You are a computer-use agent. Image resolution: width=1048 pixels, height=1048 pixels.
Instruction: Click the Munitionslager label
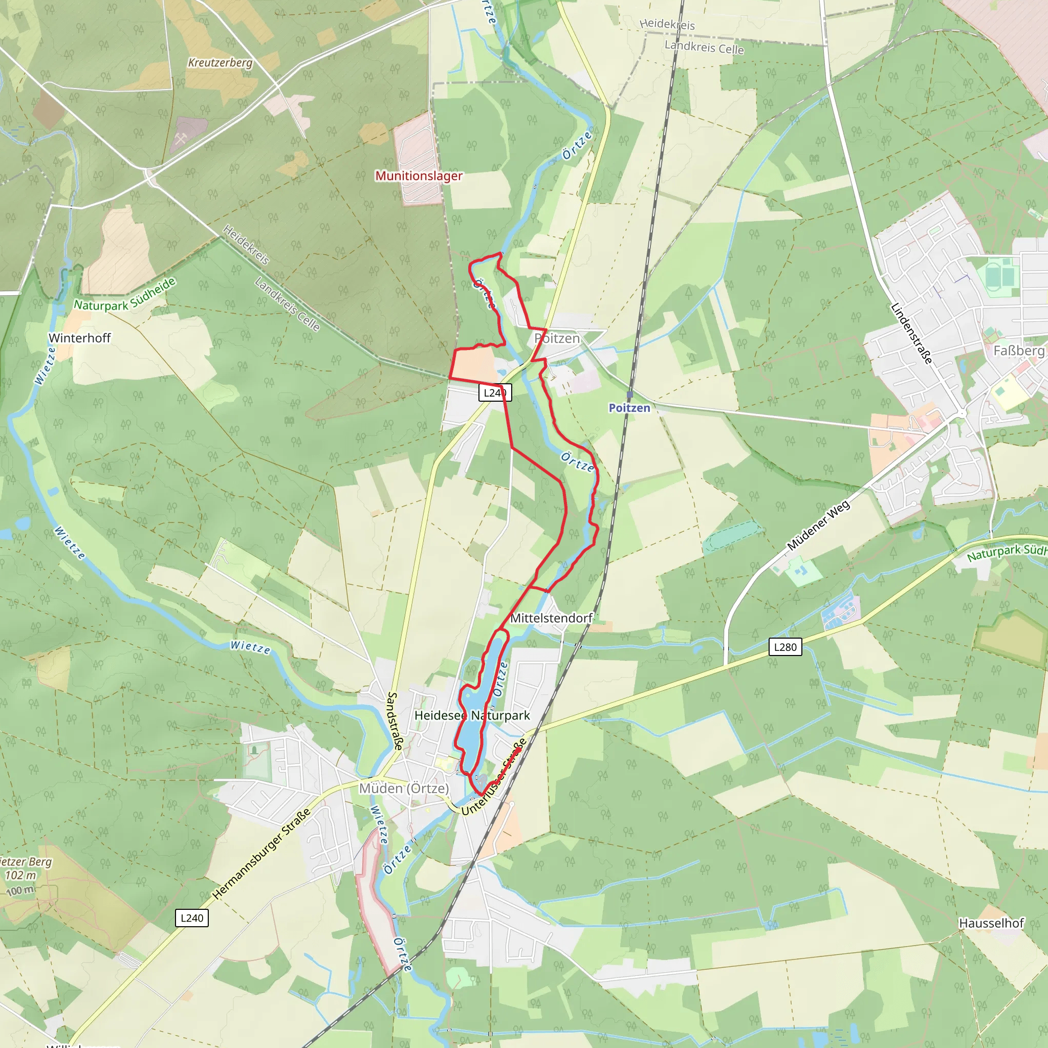pos(419,176)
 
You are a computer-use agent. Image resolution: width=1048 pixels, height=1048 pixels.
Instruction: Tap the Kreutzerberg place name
pos(220,62)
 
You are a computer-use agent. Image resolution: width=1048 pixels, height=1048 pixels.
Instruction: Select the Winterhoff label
pos(80,338)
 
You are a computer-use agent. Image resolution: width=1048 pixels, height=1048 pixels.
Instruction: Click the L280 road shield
pos(785,647)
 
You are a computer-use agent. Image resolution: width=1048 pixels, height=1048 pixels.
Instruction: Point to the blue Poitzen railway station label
pos(629,408)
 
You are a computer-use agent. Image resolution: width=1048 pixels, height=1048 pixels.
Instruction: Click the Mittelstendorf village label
pos(551,618)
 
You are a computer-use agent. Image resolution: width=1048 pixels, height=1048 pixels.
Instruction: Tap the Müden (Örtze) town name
pos(404,788)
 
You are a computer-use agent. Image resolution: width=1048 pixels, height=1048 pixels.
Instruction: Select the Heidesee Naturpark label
pos(472,715)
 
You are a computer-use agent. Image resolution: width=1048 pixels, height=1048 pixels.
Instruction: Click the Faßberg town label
pos(1018,351)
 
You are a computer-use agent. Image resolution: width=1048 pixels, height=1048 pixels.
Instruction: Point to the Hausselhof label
pos(991,923)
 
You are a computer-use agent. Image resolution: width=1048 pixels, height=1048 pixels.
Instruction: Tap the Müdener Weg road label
pos(819,525)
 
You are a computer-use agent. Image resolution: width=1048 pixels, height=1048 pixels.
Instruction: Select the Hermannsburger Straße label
pos(261,853)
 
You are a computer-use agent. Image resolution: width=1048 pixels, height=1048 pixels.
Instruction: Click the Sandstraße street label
pos(395,721)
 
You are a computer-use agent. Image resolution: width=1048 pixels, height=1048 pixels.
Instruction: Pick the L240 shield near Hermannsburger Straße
pos(192,918)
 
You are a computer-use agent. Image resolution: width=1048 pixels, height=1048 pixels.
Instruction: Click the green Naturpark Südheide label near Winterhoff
pos(125,295)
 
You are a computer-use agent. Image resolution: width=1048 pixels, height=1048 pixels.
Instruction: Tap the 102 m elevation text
pos(20,875)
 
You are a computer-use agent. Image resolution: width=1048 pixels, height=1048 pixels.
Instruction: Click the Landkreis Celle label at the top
pos(704,47)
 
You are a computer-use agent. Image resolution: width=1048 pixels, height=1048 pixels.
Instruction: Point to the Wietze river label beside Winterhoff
pos(45,365)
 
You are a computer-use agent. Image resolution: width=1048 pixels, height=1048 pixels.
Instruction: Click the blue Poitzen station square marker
pos(630,395)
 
